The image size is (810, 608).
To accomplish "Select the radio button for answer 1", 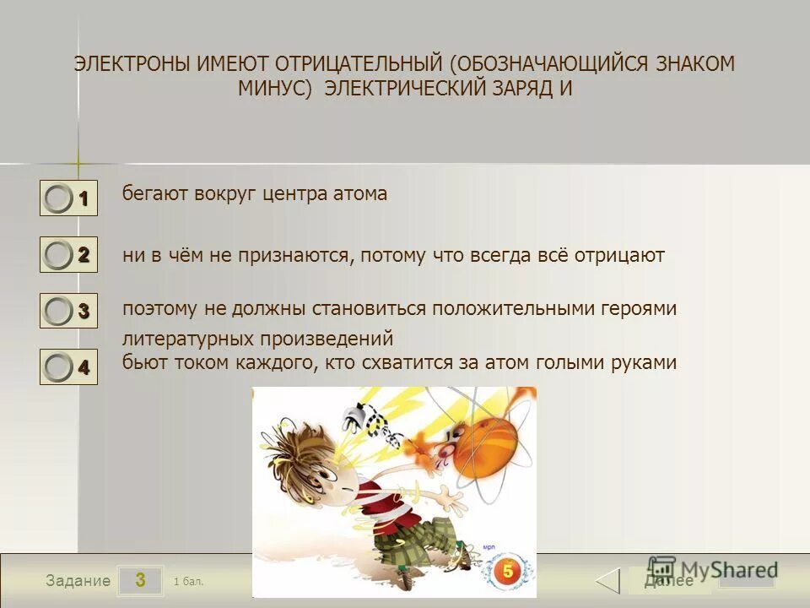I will pos(58,199).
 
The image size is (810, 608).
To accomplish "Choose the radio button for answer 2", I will pos(58,254).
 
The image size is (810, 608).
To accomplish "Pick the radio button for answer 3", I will pos(58,311).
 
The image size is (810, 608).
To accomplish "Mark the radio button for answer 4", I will pos(58,367).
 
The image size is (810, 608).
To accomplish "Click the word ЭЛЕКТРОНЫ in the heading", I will pos(132,65).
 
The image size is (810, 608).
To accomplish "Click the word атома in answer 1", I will pos(359,194).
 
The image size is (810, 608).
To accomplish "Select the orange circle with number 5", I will pos(508,571).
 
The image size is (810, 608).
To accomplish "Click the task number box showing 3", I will pos(140,580).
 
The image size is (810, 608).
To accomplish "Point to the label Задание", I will pos(78,581).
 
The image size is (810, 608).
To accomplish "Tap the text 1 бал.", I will pos(188,581).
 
